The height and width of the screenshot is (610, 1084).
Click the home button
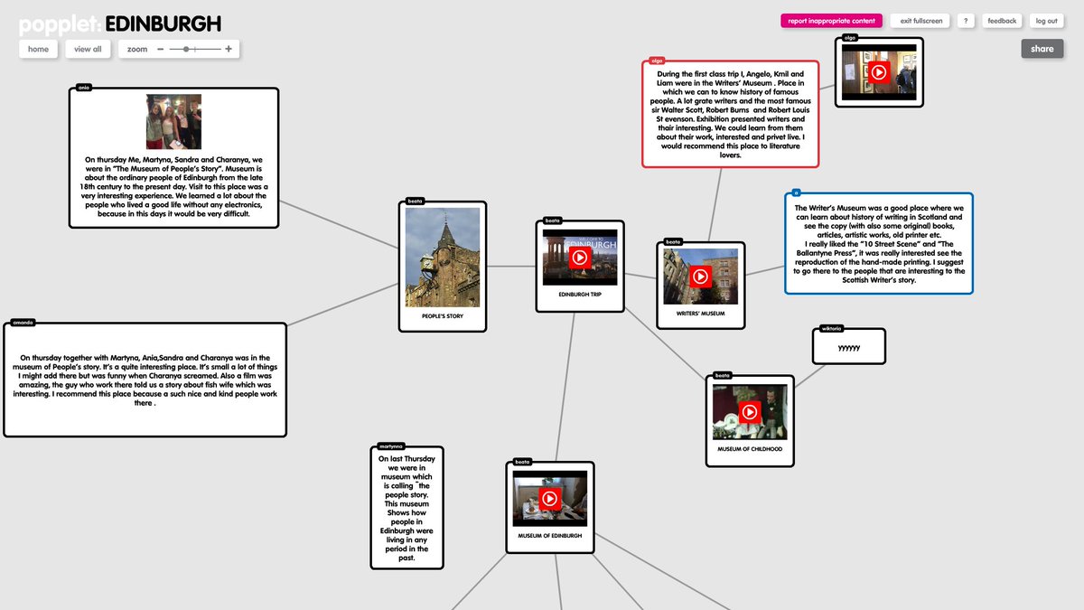38,49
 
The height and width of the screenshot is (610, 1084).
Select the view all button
88,49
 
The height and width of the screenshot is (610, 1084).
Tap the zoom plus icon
229,49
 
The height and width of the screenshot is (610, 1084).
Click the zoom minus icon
161,49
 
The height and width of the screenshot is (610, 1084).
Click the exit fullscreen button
920,21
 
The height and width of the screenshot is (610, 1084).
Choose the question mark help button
966,21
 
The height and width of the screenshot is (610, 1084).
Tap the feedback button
1002,21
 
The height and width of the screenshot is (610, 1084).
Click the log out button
1046,21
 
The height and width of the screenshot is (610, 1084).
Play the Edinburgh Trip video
580,258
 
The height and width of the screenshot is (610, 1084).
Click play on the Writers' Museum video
700,277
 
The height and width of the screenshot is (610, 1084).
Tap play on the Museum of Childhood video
749,412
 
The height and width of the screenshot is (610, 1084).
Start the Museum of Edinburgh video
549,498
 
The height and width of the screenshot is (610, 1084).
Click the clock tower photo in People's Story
443,258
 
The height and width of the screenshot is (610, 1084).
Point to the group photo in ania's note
173,121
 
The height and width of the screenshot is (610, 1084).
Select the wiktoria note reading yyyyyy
849,347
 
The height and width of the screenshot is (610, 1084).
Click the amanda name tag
23,322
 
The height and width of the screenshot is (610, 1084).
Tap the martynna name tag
390,446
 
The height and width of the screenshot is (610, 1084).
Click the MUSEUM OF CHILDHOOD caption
750,449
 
